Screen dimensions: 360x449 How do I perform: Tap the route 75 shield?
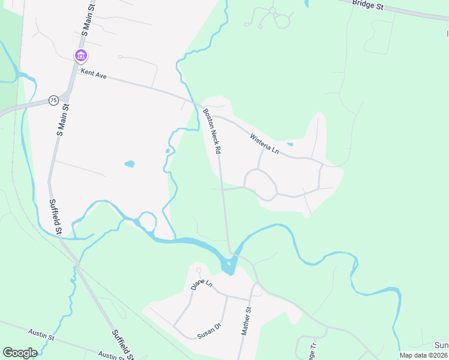point(54,100)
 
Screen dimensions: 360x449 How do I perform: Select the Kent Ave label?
point(94,76)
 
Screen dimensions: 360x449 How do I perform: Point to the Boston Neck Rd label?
point(212,131)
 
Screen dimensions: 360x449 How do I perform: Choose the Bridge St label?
point(367,4)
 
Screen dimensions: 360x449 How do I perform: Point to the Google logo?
point(20,353)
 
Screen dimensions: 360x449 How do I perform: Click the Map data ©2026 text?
point(423,355)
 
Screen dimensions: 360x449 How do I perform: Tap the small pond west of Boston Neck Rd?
point(129,164)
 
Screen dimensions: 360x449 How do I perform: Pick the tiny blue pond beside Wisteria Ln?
point(290,144)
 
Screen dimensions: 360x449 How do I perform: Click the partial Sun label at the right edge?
point(441,346)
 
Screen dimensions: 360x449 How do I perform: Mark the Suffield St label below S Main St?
point(55,217)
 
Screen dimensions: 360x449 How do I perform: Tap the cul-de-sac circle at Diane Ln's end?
point(198,269)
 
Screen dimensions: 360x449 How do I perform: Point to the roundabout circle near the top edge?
point(272,10)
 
